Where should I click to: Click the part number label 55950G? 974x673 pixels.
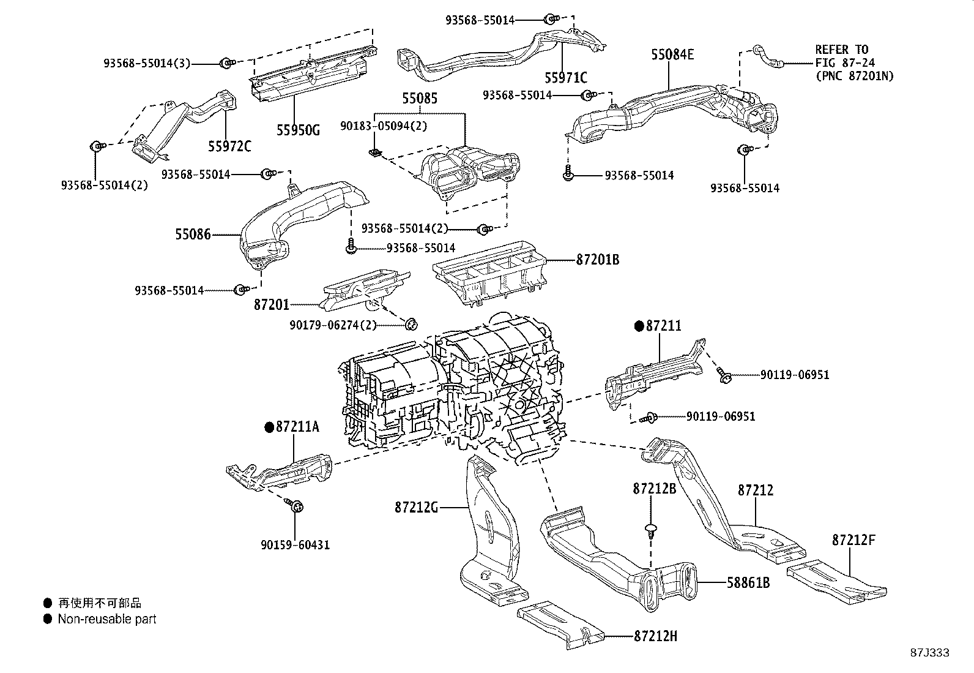point(298,130)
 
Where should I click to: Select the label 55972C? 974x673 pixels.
point(229,147)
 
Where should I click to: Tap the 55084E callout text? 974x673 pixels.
point(672,55)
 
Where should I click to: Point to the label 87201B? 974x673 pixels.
point(597,260)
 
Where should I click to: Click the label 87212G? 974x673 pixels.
point(416,507)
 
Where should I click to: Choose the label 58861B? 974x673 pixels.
point(748,582)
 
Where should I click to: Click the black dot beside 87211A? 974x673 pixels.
point(269,427)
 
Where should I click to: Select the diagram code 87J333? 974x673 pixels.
point(929,653)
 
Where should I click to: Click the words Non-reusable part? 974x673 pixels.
point(107,619)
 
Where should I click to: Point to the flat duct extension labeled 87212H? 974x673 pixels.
point(560,626)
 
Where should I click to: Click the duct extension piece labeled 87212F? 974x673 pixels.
point(835,579)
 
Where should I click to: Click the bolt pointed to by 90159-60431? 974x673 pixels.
point(297,506)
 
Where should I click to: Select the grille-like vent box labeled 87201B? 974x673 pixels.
point(489,272)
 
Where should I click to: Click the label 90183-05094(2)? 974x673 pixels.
point(384,126)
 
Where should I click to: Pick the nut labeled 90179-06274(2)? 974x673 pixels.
point(412,323)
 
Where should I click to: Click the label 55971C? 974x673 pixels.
point(566,78)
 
